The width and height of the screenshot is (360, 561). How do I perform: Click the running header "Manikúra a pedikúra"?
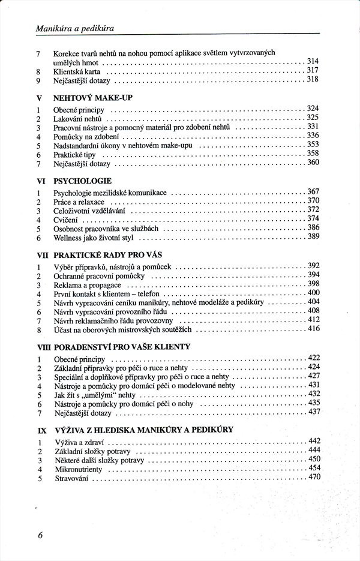(x=76, y=28)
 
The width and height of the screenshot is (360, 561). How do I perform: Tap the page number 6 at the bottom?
(x=40, y=536)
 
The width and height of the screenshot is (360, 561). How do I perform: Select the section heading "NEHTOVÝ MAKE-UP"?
(x=92, y=97)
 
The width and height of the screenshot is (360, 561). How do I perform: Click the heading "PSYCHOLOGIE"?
(x=82, y=180)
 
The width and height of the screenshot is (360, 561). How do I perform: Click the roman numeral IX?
(x=41, y=430)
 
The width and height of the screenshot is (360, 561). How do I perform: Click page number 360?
(x=313, y=163)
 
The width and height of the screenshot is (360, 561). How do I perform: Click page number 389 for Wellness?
(x=313, y=237)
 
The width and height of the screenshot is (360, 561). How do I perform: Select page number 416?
(x=313, y=329)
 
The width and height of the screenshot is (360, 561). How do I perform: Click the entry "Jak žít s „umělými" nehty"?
(x=95, y=395)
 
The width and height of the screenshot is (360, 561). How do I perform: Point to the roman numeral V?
(x=39, y=98)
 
